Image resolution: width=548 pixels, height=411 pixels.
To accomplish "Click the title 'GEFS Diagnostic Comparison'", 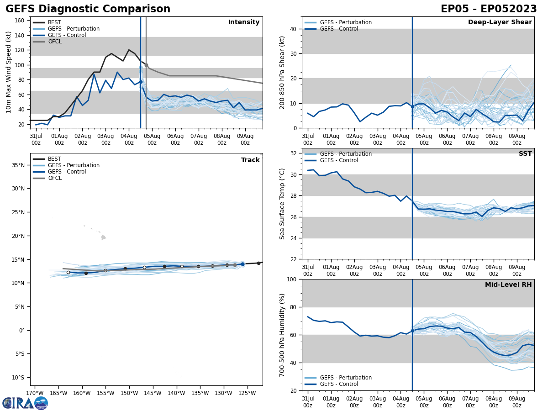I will click(88, 9).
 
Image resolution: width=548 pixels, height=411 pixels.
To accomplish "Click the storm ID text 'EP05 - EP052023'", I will click(489, 9).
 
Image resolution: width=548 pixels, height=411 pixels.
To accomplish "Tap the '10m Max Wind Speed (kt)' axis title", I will click(9, 72).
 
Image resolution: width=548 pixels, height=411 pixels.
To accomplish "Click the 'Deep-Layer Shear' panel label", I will click(500, 22).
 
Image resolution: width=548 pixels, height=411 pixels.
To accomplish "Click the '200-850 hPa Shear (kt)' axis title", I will click(283, 72).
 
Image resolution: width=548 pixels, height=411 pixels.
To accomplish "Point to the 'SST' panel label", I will click(525, 154).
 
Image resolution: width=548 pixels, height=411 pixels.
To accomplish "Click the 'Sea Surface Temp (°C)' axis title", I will click(283, 204).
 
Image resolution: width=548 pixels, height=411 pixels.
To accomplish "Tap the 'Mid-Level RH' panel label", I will click(508, 285).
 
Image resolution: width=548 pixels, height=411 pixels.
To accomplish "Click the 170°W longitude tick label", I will click(35, 393).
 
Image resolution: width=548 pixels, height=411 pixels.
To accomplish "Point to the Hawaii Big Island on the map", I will click(103, 237).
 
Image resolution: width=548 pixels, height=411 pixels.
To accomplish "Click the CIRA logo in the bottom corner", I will click(25, 403).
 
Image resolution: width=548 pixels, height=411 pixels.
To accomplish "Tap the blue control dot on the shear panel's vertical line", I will click(412, 106).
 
